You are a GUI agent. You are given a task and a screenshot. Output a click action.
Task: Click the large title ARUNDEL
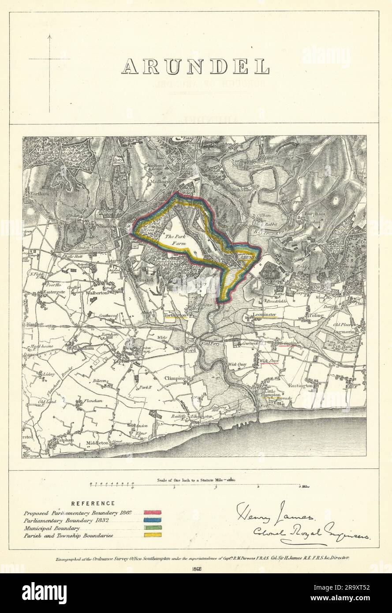coord(195,66)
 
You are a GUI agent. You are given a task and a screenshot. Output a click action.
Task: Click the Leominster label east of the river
coord(265,315)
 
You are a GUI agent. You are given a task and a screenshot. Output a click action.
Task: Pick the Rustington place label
coord(301,385)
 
